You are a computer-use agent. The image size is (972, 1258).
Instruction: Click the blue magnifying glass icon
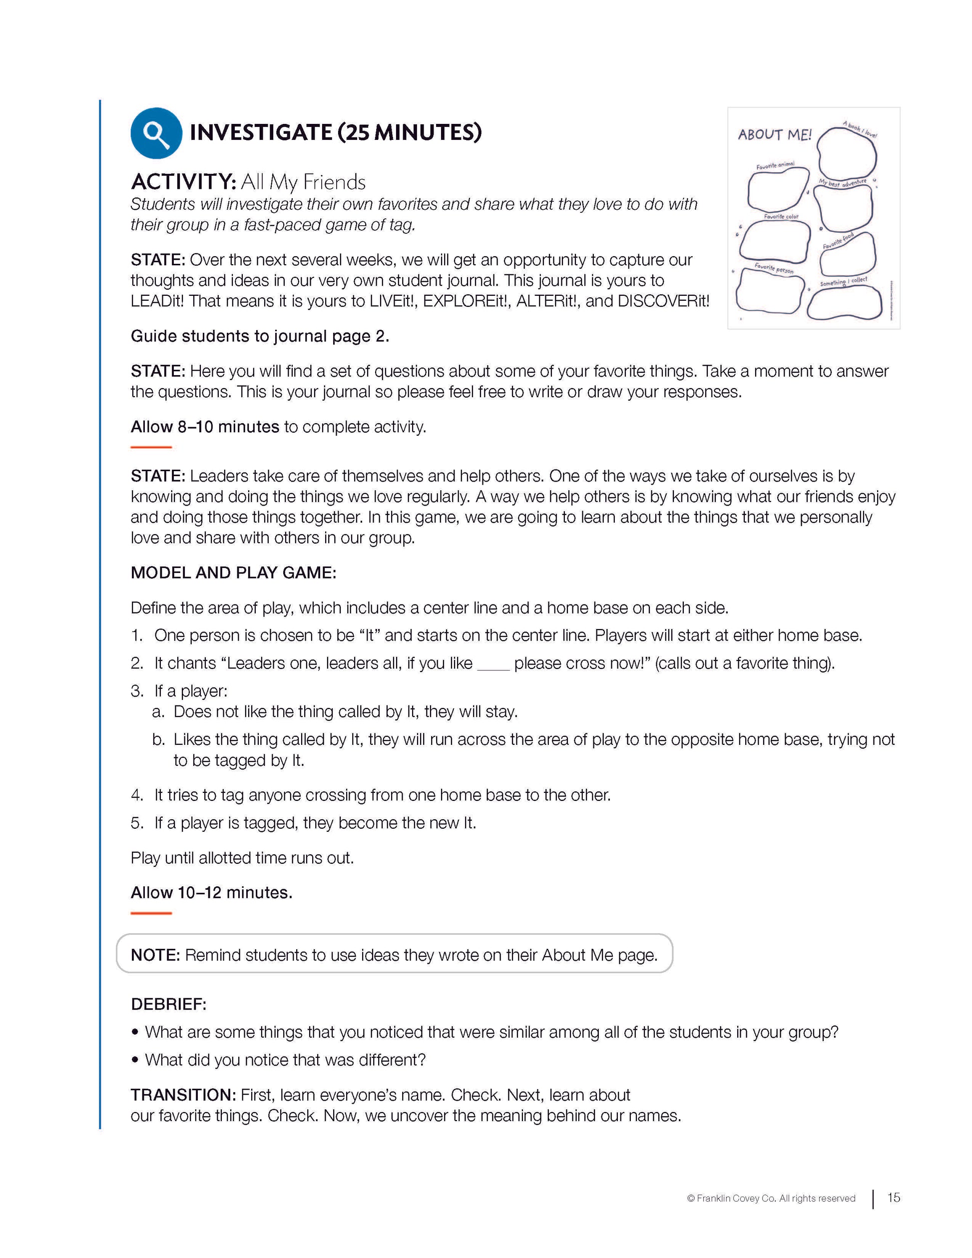click(x=156, y=133)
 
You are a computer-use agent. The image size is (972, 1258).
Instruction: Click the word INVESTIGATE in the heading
click(x=261, y=132)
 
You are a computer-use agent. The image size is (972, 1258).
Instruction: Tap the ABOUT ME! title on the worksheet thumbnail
click(x=775, y=135)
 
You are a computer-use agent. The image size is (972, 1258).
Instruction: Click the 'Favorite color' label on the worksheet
click(x=781, y=217)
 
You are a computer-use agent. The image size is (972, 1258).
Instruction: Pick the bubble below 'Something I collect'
click(x=844, y=302)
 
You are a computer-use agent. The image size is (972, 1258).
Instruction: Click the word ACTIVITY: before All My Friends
click(x=183, y=182)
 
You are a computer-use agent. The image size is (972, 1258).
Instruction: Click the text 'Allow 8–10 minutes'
click(x=204, y=427)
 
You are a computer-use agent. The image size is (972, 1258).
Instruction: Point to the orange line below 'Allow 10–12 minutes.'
click(x=151, y=913)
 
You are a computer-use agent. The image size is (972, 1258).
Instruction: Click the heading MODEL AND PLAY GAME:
click(x=233, y=573)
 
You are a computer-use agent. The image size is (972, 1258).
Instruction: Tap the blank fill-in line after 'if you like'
click(x=493, y=667)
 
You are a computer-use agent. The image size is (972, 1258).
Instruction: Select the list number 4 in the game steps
click(x=136, y=795)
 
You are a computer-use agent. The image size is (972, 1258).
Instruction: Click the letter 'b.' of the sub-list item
click(x=158, y=739)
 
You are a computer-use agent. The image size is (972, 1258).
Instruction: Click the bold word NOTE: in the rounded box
click(x=155, y=955)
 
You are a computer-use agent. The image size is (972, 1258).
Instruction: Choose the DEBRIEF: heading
click(x=168, y=1004)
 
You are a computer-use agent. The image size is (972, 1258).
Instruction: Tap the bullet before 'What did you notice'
click(x=135, y=1060)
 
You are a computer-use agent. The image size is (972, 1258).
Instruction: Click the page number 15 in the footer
click(x=893, y=1198)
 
